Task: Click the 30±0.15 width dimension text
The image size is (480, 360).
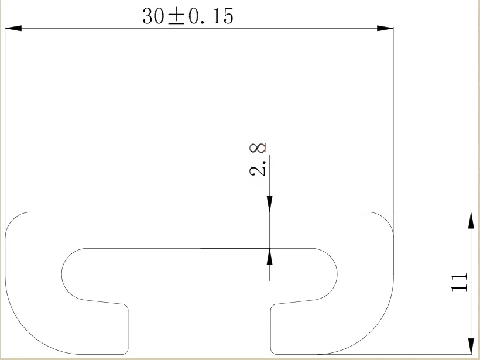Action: [x=187, y=16]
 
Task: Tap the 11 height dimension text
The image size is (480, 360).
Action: [x=460, y=282]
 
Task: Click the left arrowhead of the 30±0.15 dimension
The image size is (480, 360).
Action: [x=13, y=28]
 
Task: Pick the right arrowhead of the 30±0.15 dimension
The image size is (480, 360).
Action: [x=385, y=28]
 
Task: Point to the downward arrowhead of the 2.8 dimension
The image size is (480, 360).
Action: [x=269, y=204]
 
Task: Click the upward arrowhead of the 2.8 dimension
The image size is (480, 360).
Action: [x=269, y=256]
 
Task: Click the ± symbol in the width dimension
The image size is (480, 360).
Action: [x=174, y=16]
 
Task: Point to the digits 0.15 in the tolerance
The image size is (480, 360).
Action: [x=210, y=16]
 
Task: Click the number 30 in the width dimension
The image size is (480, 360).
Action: [x=154, y=16]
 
